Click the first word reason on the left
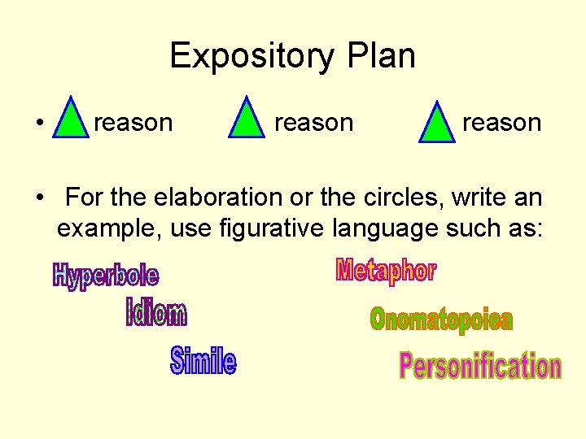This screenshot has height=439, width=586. click(133, 123)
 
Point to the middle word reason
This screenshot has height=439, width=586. click(313, 123)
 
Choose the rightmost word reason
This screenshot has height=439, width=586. click(501, 123)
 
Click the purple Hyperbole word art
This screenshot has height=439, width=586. click(106, 276)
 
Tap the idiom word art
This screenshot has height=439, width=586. click(156, 312)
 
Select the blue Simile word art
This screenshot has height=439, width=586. click(203, 361)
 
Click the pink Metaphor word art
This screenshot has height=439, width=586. click(386, 271)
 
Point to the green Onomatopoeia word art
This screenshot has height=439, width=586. click(441, 319)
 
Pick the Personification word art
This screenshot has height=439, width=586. click(480, 367)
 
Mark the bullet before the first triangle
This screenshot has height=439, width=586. click(39, 124)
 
